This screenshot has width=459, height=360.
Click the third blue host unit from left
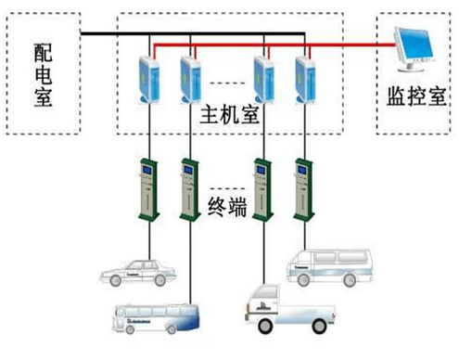(263, 78)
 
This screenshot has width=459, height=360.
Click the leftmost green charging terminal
(147, 190)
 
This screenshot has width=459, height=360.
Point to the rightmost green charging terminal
(301, 190)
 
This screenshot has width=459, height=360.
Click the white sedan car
(138, 272)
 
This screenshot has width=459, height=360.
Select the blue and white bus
(155, 318)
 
